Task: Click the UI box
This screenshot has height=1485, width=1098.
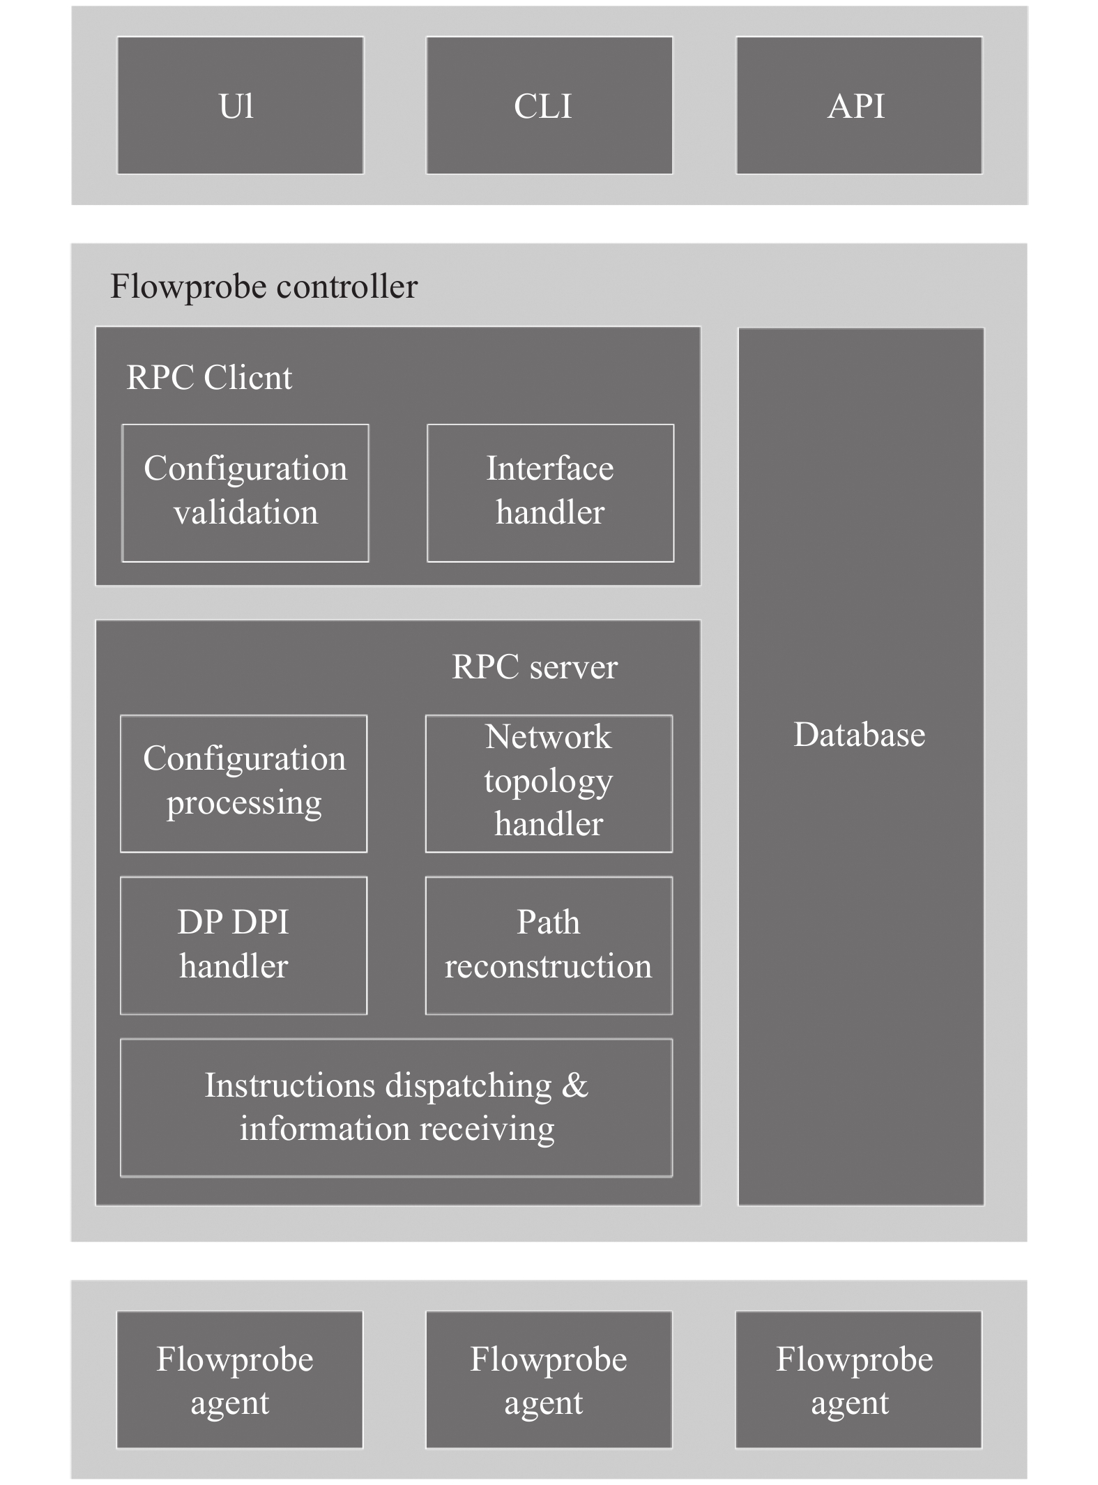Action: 241,105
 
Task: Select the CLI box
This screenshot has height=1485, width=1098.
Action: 549,105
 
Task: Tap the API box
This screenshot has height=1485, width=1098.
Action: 860,105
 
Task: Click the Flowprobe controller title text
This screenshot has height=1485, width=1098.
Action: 264,287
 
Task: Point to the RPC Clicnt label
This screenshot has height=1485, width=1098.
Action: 209,378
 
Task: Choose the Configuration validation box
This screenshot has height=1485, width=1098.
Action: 245,493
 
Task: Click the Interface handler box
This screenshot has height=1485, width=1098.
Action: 551,493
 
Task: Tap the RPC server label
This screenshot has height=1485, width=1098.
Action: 535,667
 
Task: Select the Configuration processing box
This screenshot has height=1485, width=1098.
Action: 244,784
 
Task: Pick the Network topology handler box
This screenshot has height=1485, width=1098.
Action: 549,784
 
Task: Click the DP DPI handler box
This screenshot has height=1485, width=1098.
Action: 244,945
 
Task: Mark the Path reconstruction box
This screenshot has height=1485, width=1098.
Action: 549,945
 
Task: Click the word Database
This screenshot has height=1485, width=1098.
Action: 860,735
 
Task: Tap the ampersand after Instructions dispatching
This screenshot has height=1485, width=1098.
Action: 575,1086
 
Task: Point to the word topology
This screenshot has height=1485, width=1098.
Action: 549,782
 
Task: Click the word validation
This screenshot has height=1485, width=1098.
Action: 246,512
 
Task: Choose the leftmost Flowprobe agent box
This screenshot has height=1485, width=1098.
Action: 240,1380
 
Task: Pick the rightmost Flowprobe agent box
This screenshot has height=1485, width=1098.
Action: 859,1380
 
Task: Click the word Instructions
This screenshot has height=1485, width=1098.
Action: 291,1086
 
